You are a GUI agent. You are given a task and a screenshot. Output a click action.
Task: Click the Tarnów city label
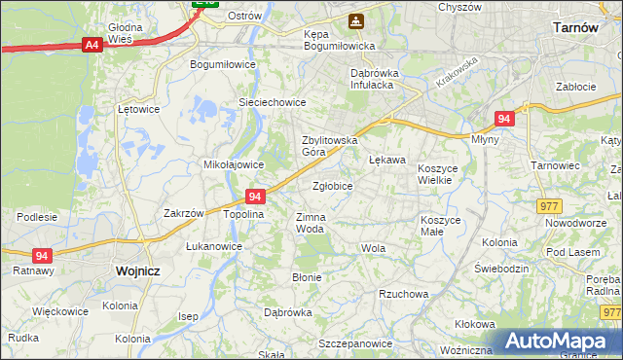(x=574, y=28)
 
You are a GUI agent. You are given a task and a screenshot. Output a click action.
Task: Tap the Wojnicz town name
(x=136, y=271)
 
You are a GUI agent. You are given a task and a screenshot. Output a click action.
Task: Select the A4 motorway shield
(x=92, y=45)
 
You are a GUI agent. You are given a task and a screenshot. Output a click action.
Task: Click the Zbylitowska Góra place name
(x=328, y=146)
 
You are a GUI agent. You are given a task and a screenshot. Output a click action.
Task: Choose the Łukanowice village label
(x=214, y=247)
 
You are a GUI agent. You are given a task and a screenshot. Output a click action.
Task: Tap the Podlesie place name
(x=37, y=216)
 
